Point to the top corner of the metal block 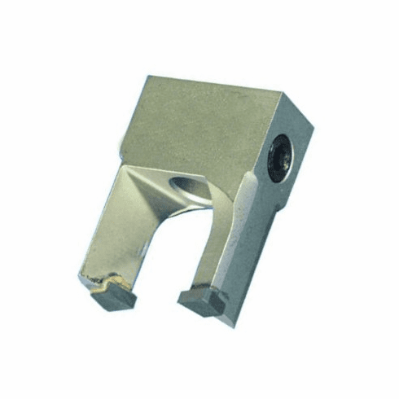pos(148,78)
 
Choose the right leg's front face pos(236,244)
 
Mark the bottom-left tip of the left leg pos(81,281)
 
